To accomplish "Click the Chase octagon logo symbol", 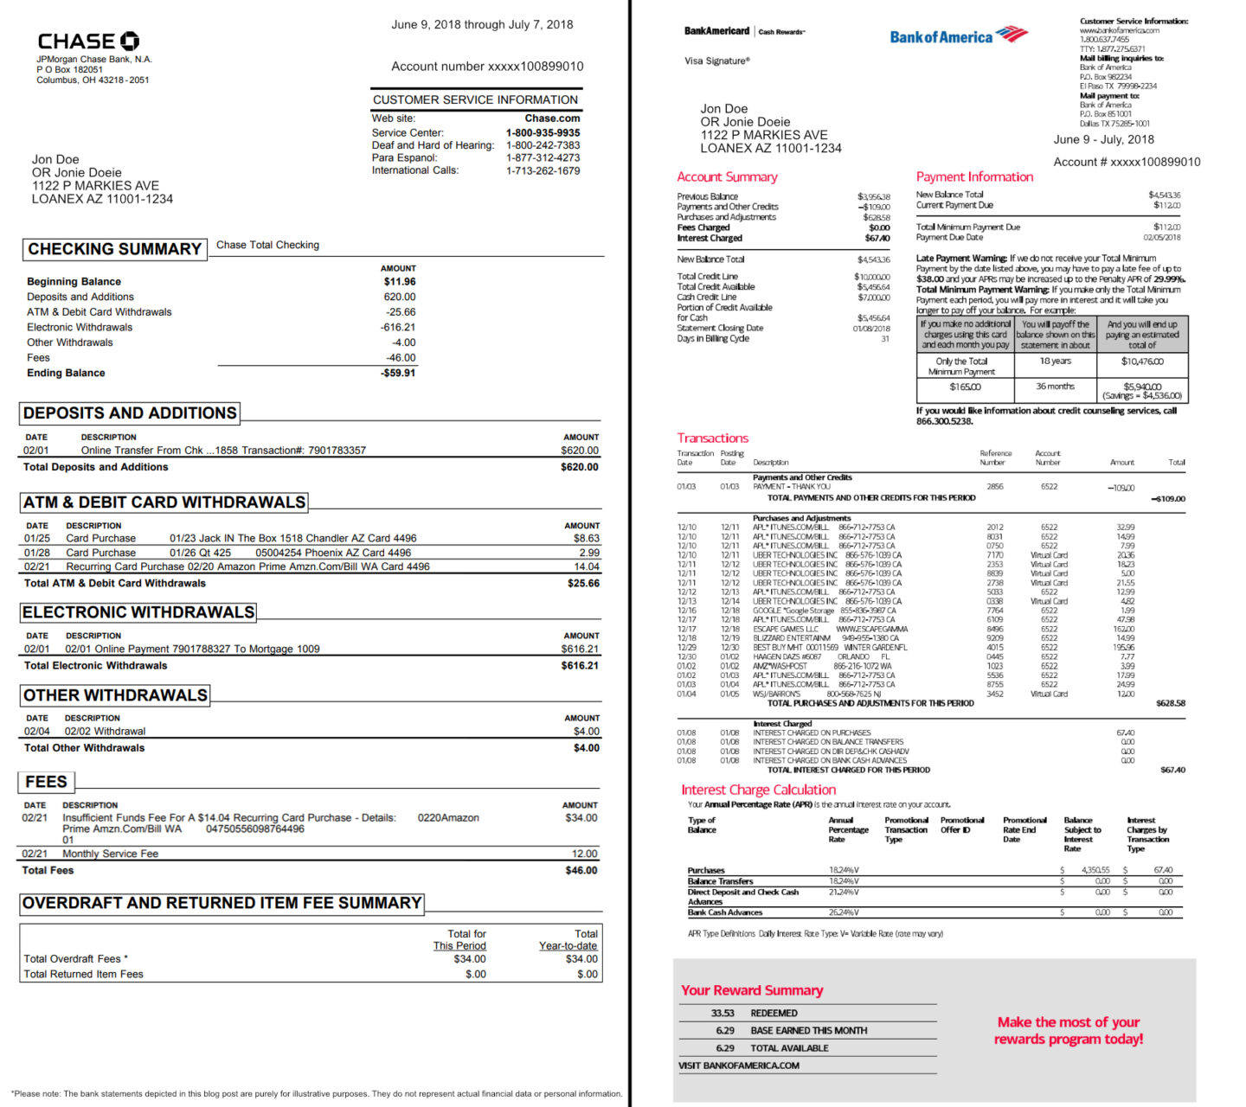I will click(129, 41).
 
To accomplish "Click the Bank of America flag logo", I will click(1012, 35).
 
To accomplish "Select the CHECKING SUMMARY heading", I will click(114, 249).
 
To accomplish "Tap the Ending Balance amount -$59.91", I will click(398, 373).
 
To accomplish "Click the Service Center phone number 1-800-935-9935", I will click(543, 133).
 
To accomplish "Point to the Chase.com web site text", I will click(552, 118).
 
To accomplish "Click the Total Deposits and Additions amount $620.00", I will click(579, 467).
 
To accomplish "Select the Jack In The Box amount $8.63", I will click(586, 538).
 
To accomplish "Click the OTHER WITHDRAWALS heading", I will click(115, 695).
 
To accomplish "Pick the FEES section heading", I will click(46, 782).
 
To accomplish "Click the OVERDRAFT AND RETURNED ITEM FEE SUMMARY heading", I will click(222, 903).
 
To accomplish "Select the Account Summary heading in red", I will click(727, 176).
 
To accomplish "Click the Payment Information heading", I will click(974, 176).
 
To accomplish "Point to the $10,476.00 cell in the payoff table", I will click(1142, 362).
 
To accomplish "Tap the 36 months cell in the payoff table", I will click(1055, 387).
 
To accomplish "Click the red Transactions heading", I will click(712, 438).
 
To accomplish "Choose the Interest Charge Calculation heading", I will click(758, 790).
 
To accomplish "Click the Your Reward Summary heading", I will click(751, 990).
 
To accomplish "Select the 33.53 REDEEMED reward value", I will click(723, 1014).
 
